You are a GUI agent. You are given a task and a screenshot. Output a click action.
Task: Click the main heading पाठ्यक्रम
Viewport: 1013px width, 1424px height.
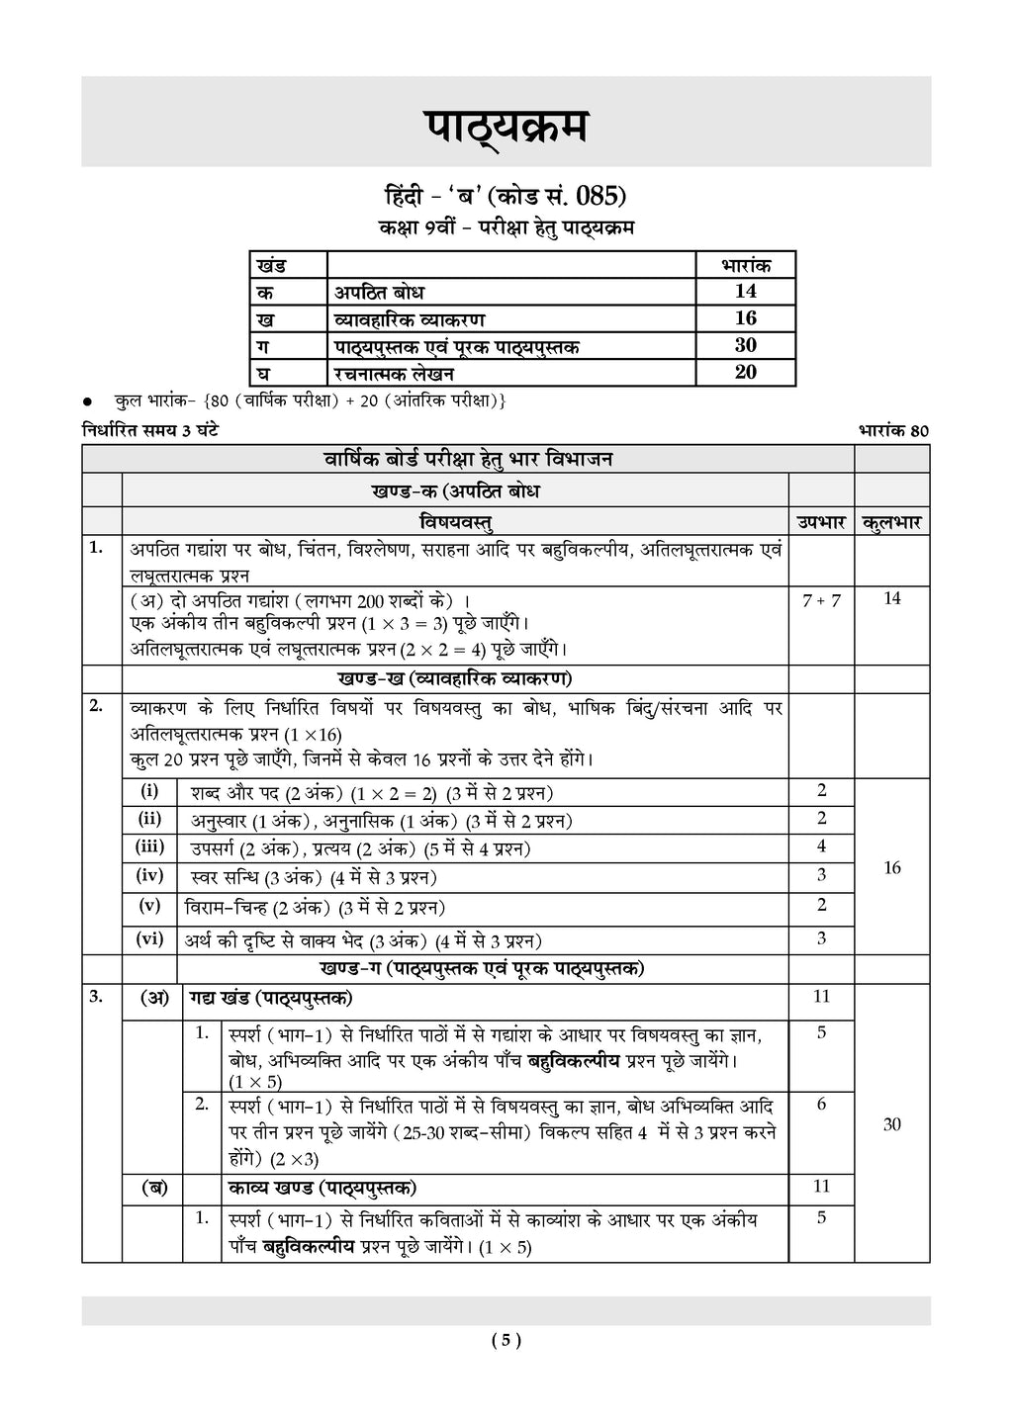pos(506,127)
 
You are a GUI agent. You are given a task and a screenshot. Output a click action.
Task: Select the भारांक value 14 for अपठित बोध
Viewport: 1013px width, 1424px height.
pos(745,291)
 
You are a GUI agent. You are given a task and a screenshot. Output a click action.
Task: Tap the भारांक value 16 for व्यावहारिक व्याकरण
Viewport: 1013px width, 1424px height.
pos(745,317)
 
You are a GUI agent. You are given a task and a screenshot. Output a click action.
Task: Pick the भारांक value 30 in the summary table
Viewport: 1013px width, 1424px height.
pos(745,344)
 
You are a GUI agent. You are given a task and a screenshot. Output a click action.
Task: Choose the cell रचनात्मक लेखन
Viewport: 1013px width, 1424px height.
pos(394,373)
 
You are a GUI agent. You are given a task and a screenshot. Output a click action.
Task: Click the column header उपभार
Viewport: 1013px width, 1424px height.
pos(820,522)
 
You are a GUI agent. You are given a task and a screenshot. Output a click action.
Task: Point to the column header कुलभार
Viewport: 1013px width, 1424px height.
pos(891,522)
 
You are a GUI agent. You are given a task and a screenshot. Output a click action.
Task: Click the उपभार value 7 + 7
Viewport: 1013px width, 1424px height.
pos(821,600)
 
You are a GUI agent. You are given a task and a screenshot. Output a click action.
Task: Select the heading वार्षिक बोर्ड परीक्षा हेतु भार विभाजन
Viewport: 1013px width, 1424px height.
pos(468,459)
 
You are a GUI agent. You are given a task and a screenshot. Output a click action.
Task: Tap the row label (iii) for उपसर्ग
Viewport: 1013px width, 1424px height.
pos(149,846)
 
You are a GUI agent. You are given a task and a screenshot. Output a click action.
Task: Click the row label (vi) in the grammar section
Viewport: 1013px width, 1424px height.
pos(149,938)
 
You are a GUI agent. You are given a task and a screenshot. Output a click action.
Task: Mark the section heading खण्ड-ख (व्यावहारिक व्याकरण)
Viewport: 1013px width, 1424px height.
pos(454,678)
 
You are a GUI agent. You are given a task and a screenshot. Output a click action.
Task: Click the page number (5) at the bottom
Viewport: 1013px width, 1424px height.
pos(506,1341)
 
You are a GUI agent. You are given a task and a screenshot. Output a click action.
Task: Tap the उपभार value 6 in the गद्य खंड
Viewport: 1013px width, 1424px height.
pos(821,1105)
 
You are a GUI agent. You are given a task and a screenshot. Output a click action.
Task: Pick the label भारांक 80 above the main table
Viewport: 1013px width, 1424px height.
pos(894,430)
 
